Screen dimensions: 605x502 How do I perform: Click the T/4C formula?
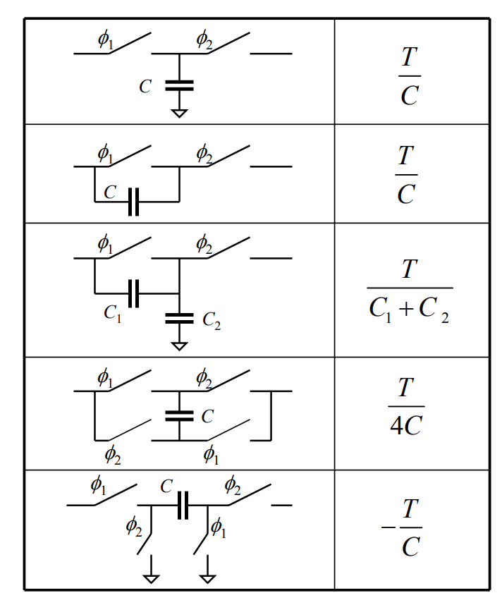(x=406, y=407)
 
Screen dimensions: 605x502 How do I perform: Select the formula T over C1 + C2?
(x=409, y=290)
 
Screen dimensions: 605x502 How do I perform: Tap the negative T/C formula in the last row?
(x=403, y=527)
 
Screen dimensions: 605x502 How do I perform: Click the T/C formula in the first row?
(x=409, y=76)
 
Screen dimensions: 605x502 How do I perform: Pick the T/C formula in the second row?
(x=406, y=175)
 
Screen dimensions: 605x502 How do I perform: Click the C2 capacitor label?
(x=212, y=321)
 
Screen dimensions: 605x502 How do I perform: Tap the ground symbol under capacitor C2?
(x=179, y=346)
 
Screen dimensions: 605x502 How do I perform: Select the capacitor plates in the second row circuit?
(x=134, y=202)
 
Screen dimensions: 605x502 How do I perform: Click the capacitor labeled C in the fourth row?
(x=179, y=416)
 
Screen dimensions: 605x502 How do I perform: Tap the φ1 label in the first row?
(x=105, y=40)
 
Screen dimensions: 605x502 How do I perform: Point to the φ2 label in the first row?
(x=204, y=40)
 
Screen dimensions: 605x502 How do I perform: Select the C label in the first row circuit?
(x=145, y=87)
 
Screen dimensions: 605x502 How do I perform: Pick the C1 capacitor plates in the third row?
(x=134, y=293)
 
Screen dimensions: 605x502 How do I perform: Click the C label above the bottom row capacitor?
(x=166, y=486)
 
